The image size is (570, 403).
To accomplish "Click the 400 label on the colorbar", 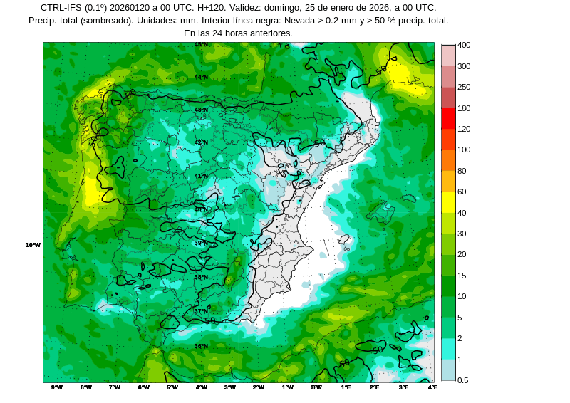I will coord(464,45).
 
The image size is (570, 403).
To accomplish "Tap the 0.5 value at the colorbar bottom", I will coord(462,380).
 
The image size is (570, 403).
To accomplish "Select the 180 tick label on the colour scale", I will coord(464,108).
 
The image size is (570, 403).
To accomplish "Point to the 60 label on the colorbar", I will coord(462,192).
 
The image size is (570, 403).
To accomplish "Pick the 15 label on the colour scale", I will coord(462,276).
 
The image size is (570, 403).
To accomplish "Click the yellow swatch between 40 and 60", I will coord(448,202).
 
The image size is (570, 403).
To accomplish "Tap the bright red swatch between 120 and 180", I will coord(448,118).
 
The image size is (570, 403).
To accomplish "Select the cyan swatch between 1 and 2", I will coord(448,349).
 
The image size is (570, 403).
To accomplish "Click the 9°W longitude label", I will coord(57,387).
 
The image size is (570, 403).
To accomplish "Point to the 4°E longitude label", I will coord(432,387).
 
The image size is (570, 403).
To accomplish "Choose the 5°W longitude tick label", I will coord(172,387).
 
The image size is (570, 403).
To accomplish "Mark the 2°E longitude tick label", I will coord(375,387).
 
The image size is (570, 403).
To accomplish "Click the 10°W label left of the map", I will coord(33,245).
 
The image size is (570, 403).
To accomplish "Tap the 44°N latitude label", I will coord(202,77).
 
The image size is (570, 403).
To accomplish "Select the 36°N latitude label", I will coord(202,346).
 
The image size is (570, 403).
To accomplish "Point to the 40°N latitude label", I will coord(202,209).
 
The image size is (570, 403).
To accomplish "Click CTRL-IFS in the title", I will coord(61,8).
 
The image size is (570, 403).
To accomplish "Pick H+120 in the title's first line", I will coord(212,8).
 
